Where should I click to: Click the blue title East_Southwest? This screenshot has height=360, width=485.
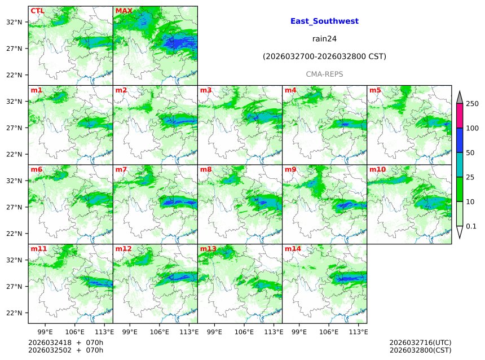(324, 21)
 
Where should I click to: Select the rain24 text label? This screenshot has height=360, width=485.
(324, 39)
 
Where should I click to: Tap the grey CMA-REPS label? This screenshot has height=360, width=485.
(324, 74)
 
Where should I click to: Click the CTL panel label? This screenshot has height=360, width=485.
(37, 11)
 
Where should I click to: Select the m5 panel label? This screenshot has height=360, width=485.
(375, 90)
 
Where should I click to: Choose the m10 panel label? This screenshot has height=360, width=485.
(377, 169)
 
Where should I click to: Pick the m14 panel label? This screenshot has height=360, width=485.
(293, 248)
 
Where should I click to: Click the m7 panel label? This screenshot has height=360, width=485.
(121, 169)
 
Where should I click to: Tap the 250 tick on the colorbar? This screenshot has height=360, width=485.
(472, 104)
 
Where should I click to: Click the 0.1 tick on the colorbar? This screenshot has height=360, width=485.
(471, 226)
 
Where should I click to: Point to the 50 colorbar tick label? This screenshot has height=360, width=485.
(470, 153)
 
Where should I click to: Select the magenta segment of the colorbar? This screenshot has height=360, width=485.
(459, 116)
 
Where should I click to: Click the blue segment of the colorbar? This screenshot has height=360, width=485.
(459, 141)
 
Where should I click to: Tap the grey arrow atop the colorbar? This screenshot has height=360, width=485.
(459, 97)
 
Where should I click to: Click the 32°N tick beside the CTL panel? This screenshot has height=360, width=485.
(14, 22)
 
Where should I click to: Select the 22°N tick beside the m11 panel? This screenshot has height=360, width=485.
(14, 313)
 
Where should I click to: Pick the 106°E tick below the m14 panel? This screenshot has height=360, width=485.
(329, 331)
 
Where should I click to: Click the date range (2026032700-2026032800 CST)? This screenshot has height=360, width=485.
(324, 56)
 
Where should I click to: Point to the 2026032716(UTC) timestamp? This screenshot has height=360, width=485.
(420, 343)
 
